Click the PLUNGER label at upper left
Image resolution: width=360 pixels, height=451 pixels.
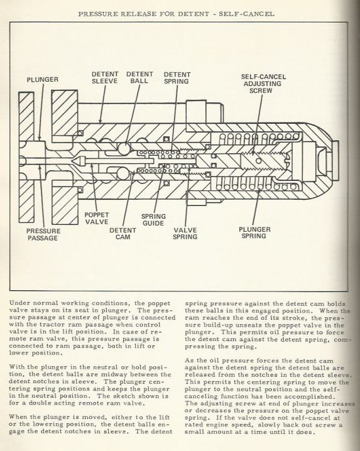[x=43, y=80]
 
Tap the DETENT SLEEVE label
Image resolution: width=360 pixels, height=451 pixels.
[x=105, y=78]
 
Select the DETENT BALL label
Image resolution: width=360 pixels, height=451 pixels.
[x=139, y=78]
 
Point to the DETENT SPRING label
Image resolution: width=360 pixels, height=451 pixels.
[x=177, y=78]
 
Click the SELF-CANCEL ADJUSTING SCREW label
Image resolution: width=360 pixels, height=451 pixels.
[x=263, y=84]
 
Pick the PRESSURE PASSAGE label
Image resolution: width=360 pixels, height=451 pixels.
[x=43, y=234]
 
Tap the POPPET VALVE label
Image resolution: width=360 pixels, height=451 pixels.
[x=97, y=219]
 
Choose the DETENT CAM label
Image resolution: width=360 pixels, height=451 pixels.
[x=123, y=234]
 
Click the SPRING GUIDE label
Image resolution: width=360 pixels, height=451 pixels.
[x=153, y=219]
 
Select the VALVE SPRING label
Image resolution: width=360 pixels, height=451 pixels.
[x=185, y=233]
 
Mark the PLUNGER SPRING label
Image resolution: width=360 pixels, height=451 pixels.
[x=254, y=232]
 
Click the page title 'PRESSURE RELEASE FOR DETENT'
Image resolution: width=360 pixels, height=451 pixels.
[x=144, y=14]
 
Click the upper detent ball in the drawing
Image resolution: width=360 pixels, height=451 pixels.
[x=124, y=149]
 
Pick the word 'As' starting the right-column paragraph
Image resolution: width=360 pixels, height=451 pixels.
[x=188, y=361]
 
